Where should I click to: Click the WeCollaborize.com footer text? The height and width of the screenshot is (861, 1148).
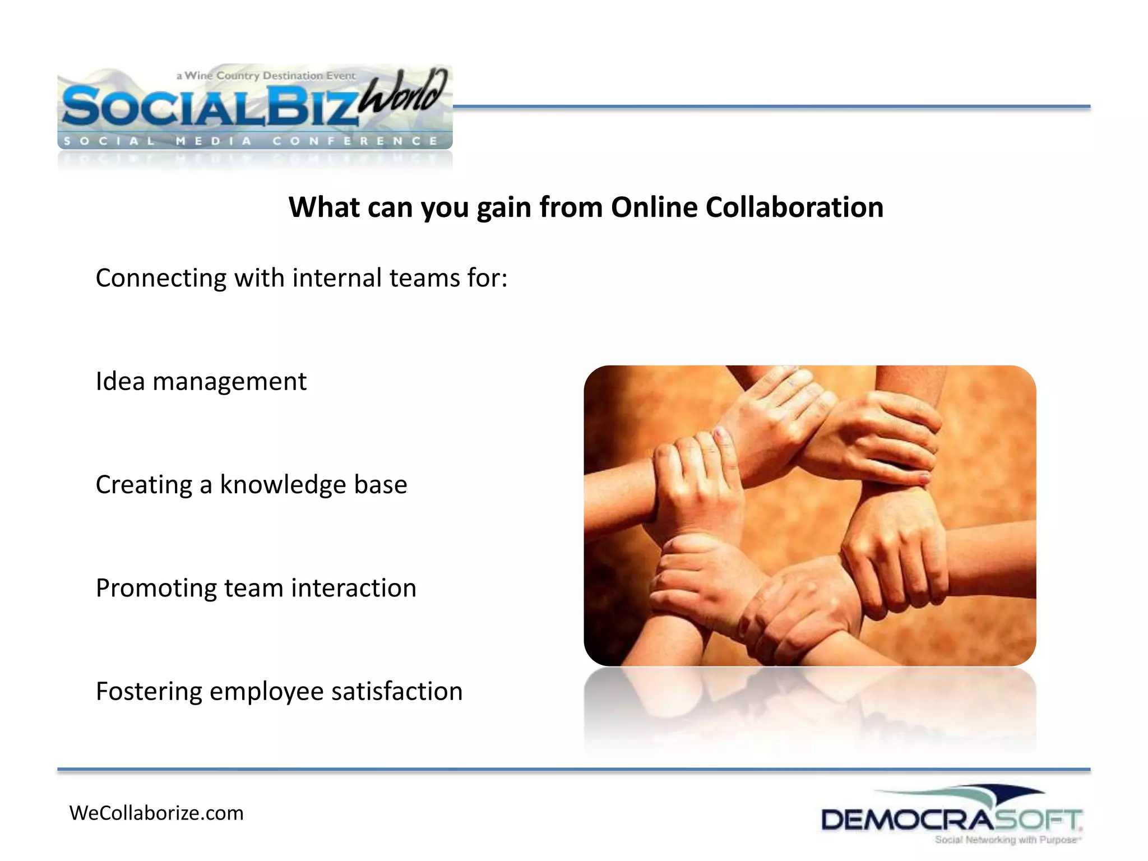pyautogui.click(x=156, y=813)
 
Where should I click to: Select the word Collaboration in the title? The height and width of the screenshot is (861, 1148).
pyautogui.click(x=794, y=207)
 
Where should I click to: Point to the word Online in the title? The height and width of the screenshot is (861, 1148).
pyautogui.click(x=654, y=207)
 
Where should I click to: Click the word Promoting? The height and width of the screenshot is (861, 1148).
pyautogui.click(x=156, y=589)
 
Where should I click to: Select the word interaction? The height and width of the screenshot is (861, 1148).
pyautogui.click(x=354, y=588)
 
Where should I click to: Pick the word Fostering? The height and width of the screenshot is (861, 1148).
pyautogui.click(x=149, y=692)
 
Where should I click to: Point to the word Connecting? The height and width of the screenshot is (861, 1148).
pyautogui.click(x=161, y=279)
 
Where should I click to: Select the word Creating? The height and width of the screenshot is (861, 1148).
pyautogui.click(x=144, y=485)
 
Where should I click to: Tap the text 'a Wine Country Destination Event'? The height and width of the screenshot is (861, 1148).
pyautogui.click(x=266, y=76)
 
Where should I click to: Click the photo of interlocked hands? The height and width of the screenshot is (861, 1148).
pyautogui.click(x=809, y=516)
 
